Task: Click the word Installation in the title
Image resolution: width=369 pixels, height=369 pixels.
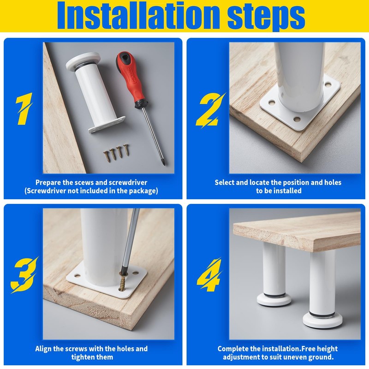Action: coord(139,15)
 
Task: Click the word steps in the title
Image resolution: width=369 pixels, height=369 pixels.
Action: coord(266,18)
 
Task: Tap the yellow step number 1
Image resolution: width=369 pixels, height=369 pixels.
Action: coord(24,108)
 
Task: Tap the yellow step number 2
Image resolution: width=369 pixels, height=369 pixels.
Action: coord(210,110)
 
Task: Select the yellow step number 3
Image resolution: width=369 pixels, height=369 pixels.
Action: coord(24,274)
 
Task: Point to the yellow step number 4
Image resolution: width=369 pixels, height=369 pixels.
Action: coord(209,275)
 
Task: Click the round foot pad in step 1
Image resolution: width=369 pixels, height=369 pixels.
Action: coord(83,61)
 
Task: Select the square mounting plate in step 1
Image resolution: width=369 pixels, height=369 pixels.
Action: coord(107,125)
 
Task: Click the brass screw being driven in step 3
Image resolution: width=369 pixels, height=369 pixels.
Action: coord(123,281)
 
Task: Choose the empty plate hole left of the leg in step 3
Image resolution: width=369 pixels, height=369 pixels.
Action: coord(77,275)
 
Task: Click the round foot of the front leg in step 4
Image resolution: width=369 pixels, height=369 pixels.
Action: coord(322,320)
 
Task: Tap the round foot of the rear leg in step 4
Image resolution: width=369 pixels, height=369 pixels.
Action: coord(274,299)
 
